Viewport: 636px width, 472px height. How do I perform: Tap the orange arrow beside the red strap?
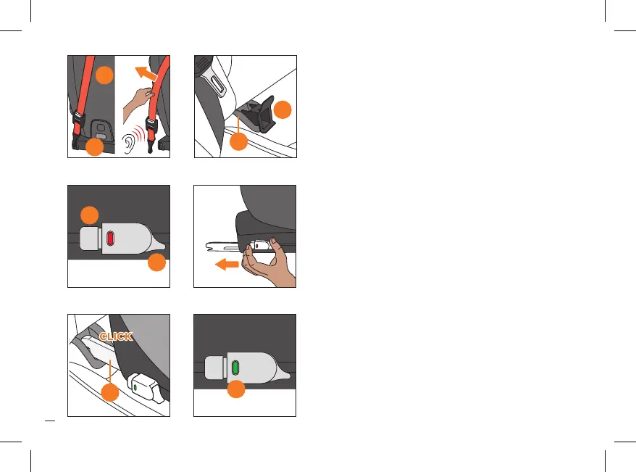pyautogui.click(x=146, y=73)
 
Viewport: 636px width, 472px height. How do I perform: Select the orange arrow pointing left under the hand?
pyautogui.click(x=227, y=265)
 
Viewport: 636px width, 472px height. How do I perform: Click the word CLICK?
pyautogui.click(x=116, y=336)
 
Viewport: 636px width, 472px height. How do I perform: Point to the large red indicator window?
pyautogui.click(x=110, y=239)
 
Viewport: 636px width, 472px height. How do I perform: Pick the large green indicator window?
pyautogui.click(x=235, y=368)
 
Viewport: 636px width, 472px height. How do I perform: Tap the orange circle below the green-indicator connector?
pyautogui.click(x=236, y=389)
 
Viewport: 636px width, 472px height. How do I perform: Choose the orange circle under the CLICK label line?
pyautogui.click(x=110, y=392)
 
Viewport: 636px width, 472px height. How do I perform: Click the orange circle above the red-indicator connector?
pyautogui.click(x=90, y=215)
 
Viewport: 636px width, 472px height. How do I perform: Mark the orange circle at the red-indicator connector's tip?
pyautogui.click(x=156, y=262)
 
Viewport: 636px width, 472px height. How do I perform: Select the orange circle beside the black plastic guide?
pyautogui.click(x=283, y=109)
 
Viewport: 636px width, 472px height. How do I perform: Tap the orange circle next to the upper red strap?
pyautogui.click(x=104, y=75)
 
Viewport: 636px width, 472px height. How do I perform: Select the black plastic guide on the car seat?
pyautogui.click(x=256, y=113)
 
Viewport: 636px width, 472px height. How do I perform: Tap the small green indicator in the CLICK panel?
pyautogui.click(x=135, y=388)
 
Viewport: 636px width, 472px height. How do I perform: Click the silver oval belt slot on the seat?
pyautogui.click(x=217, y=84)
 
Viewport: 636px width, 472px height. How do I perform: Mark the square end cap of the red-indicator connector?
pyautogui.click(x=90, y=239)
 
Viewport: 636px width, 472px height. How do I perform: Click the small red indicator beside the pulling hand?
pyautogui.click(x=256, y=246)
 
